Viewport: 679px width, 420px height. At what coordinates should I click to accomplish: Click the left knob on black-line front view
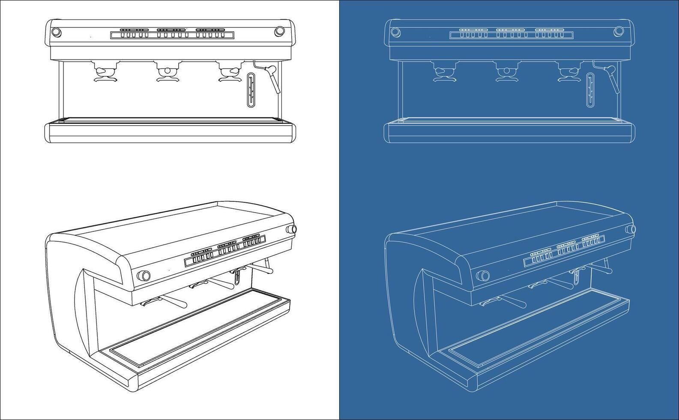click(56, 32)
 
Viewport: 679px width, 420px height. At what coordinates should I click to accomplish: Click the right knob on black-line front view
click(279, 31)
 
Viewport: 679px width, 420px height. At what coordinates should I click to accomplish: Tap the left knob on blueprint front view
click(395, 31)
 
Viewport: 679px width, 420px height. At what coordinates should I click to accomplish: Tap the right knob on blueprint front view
click(619, 31)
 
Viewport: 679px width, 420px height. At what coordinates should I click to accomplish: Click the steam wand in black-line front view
click(272, 77)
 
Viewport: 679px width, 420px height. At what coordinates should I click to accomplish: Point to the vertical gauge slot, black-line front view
click(251, 90)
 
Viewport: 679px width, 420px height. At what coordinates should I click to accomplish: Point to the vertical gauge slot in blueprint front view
click(591, 90)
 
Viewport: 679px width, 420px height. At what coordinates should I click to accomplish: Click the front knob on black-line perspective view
click(144, 275)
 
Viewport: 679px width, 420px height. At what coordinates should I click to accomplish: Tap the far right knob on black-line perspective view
click(293, 229)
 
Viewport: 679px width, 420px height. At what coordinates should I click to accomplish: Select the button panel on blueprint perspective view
click(564, 250)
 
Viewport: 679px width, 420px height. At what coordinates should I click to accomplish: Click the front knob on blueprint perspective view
click(483, 275)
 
